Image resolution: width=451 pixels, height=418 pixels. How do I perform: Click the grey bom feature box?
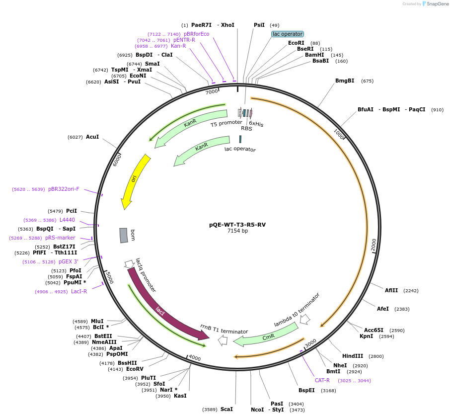pos(124,235)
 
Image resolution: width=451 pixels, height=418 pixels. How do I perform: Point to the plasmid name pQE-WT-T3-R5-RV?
pos(237,225)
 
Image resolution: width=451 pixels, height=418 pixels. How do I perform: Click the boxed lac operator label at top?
pos(288,34)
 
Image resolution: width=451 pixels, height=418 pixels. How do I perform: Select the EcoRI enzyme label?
pos(296,43)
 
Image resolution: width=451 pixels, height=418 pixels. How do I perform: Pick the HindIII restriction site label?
pos(353,356)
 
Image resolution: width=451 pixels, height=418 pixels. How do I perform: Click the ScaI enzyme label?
pos(226,409)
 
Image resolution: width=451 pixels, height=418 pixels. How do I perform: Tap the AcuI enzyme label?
pos(92,137)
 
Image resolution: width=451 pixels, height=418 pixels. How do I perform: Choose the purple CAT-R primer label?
pos(322,380)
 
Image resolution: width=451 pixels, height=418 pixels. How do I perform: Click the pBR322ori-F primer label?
pos(64,189)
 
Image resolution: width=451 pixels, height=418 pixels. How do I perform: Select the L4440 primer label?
pos(67,220)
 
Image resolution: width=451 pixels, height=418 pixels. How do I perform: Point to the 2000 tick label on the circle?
pos(374,245)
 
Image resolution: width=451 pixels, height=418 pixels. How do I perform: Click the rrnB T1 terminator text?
pos(224,329)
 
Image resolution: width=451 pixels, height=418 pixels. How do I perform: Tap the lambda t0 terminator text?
pos(297,309)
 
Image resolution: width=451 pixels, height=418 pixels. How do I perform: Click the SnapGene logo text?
pos(436,4)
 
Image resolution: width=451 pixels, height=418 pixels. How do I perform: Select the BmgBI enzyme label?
pos(345,81)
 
